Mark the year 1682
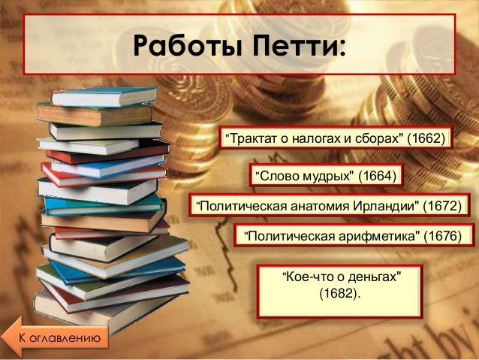[x=339, y=292]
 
